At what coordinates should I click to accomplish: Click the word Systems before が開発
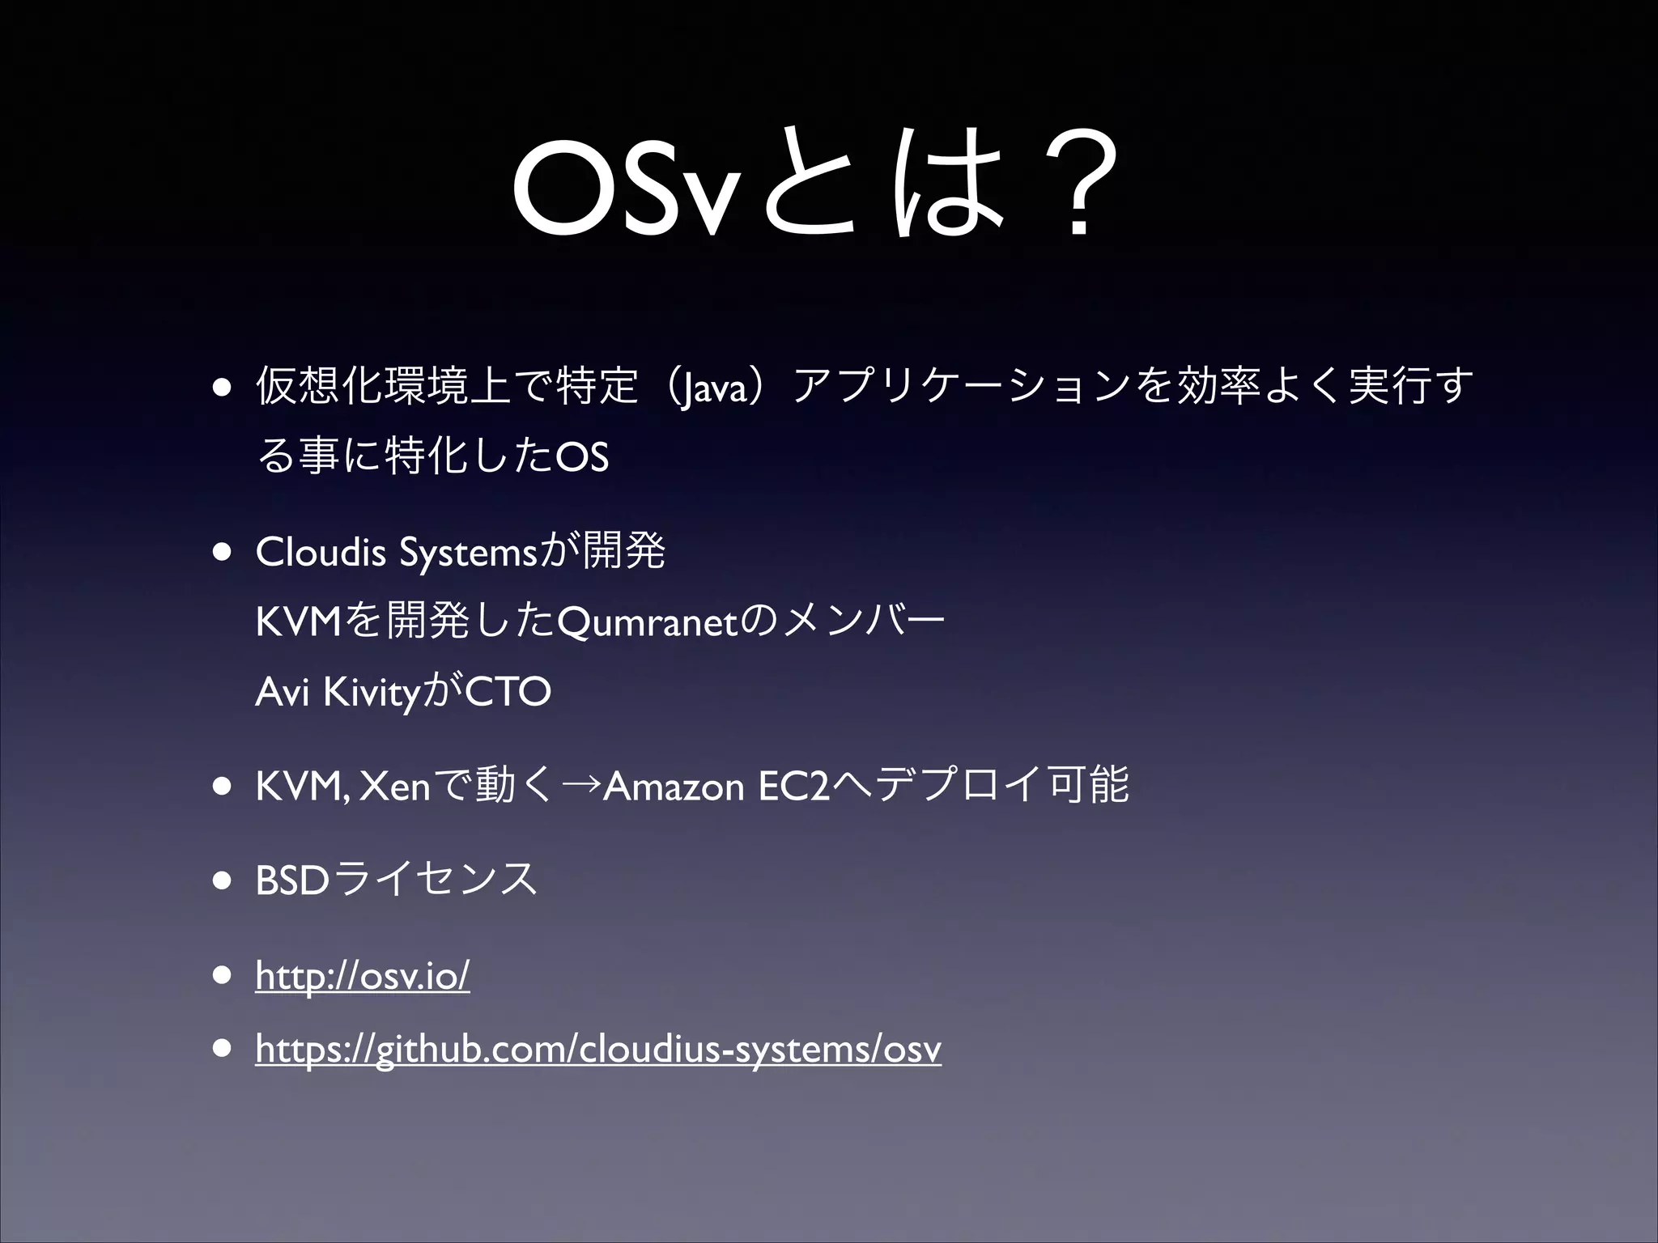(x=468, y=554)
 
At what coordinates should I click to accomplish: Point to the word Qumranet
(x=648, y=622)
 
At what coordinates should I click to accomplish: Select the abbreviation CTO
(x=508, y=692)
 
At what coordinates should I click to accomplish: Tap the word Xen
(x=394, y=786)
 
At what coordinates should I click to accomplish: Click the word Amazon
(x=674, y=786)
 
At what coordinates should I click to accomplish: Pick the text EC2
(x=795, y=786)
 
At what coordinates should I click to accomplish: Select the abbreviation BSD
(x=292, y=880)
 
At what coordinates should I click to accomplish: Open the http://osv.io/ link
(x=362, y=975)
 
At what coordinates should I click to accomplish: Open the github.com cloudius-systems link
(x=597, y=1050)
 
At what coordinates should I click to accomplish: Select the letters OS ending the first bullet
(x=581, y=457)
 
